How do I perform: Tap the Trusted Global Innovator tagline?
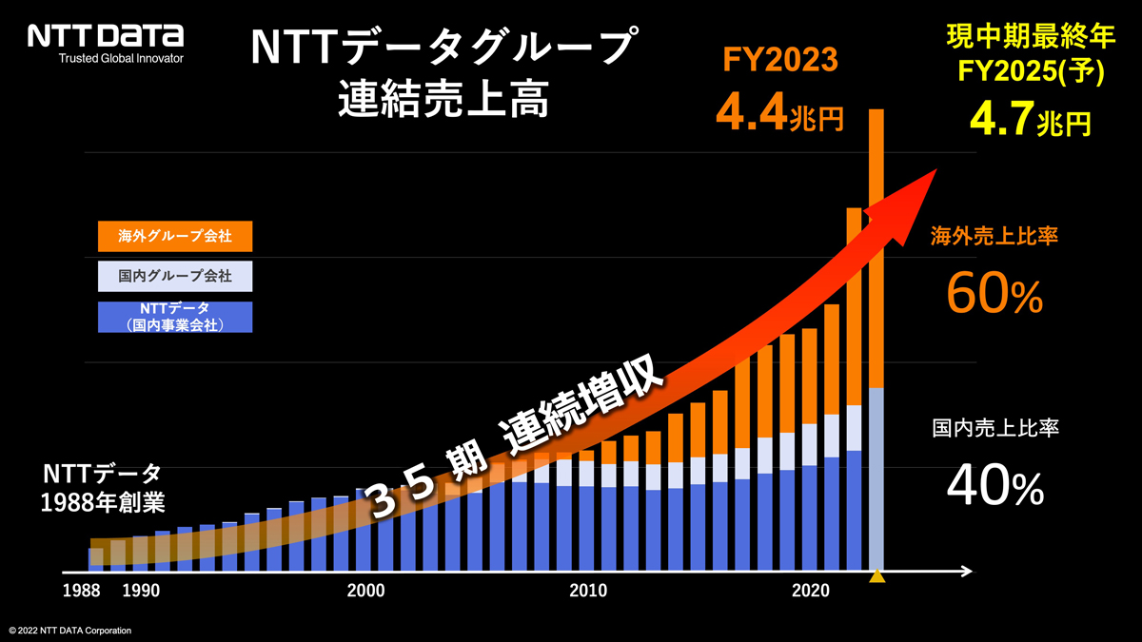tap(121, 59)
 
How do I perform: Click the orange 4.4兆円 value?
tap(779, 115)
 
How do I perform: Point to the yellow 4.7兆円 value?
tap(1030, 121)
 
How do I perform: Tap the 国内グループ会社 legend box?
tap(175, 277)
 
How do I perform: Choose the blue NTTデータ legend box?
tap(175, 317)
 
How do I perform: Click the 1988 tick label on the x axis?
tap(83, 591)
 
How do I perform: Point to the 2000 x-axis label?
tap(366, 591)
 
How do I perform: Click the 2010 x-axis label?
tap(588, 591)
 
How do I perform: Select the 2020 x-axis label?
tap(811, 591)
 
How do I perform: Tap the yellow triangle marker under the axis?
tap(877, 576)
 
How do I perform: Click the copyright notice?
tap(70, 631)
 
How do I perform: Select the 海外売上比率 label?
tap(994, 237)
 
